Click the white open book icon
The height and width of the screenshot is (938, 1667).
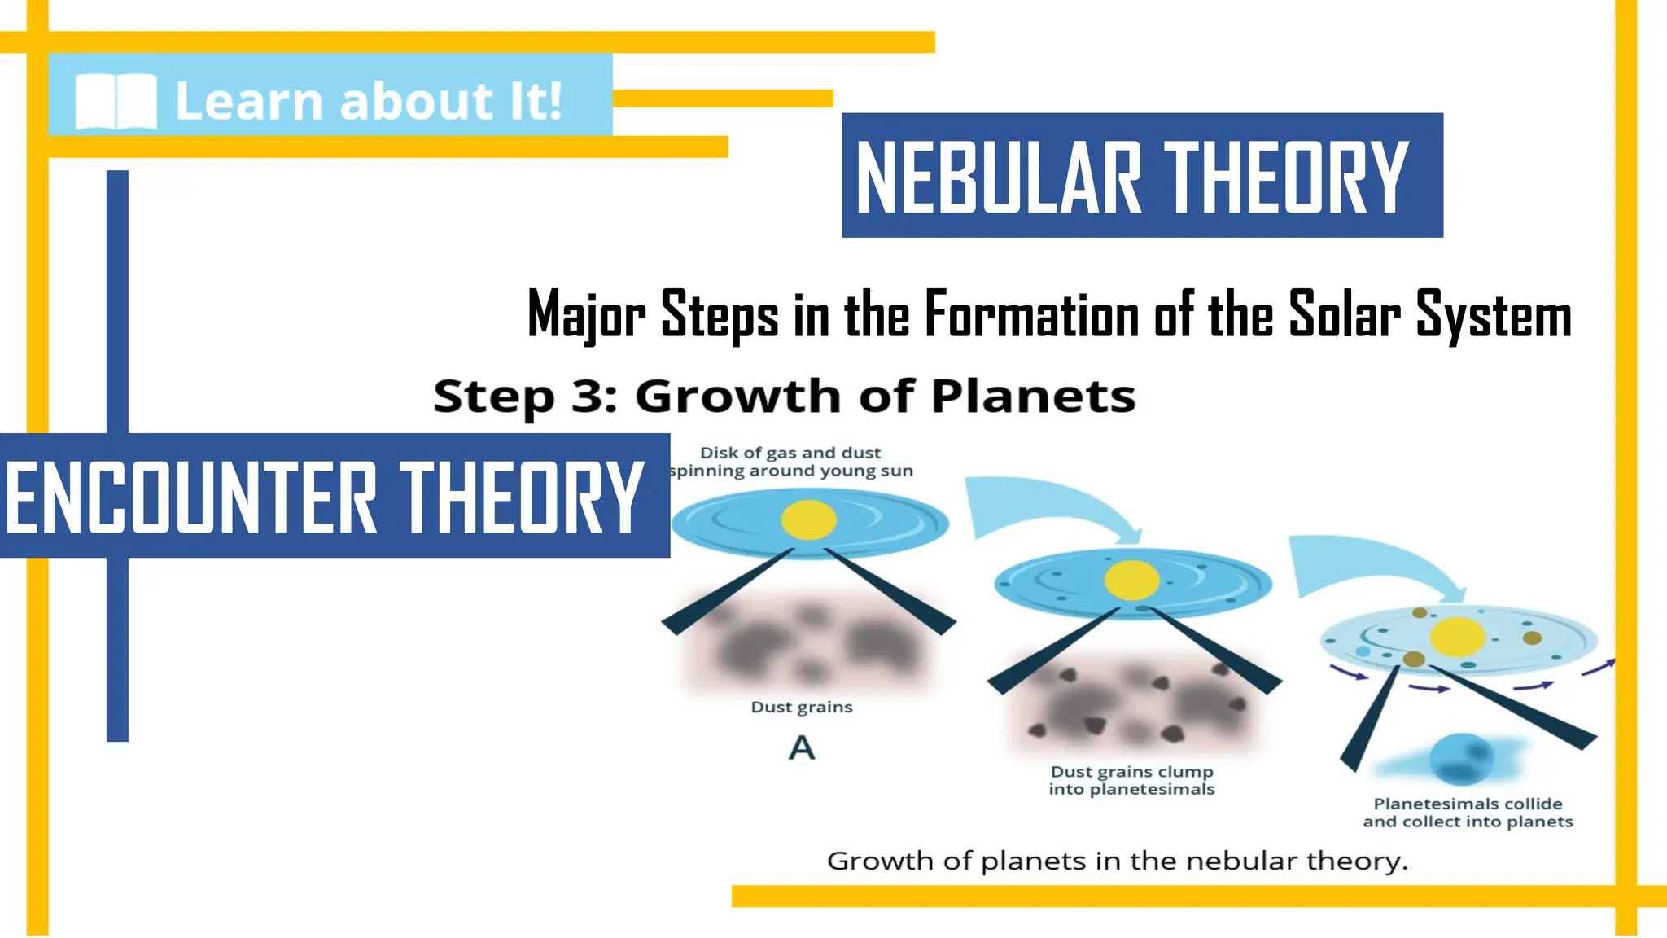116,102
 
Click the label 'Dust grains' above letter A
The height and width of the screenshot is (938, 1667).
802,707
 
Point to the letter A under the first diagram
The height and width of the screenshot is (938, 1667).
802,747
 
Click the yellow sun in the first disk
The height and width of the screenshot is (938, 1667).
808,519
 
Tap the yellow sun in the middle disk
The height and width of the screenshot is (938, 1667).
1131,581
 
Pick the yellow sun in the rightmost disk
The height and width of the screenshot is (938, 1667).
1458,636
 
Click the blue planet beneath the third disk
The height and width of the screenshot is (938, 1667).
1461,759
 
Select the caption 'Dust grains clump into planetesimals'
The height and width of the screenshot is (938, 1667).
1131,780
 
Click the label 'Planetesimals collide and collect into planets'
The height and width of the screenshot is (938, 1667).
1468,813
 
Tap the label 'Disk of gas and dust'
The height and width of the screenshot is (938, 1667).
790,453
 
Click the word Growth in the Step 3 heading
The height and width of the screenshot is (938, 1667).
737,397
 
